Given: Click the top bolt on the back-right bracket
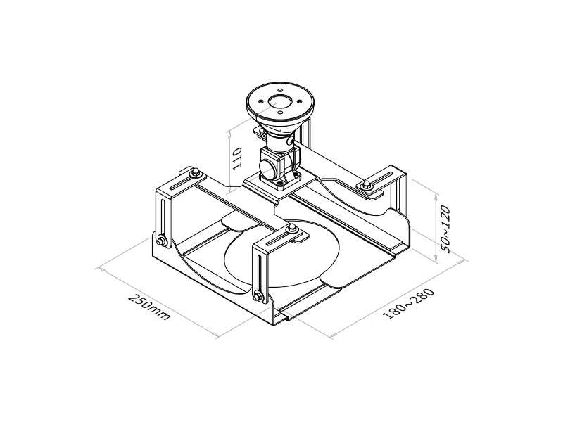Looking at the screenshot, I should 367,185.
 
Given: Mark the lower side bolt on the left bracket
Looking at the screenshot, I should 162,241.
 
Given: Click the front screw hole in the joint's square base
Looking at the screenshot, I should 280,184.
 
